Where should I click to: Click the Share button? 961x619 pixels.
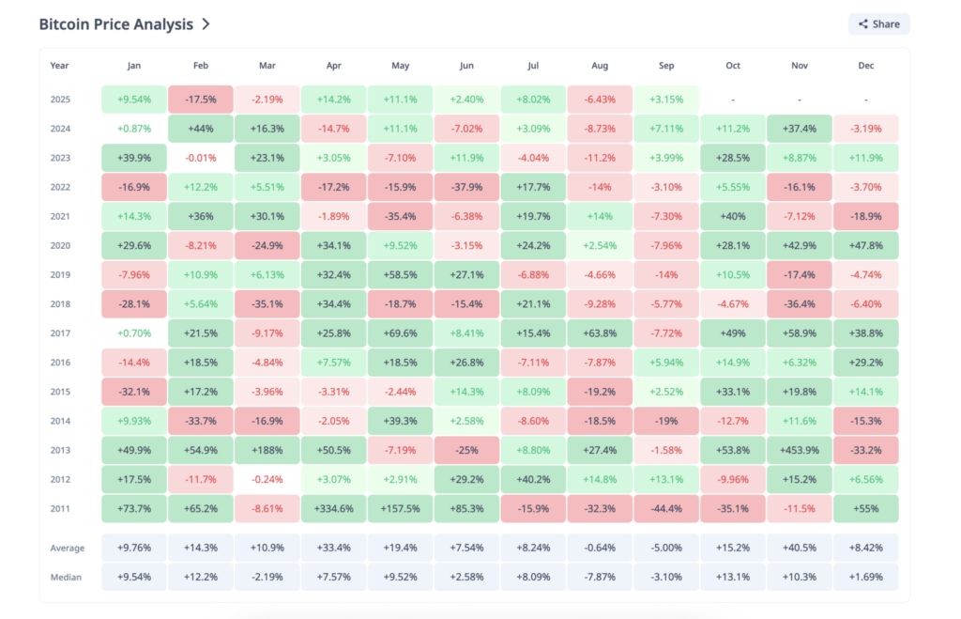coord(878,24)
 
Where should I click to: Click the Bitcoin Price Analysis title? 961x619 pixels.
coord(115,24)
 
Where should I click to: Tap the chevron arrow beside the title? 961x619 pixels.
coord(206,24)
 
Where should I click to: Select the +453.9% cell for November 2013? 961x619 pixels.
coord(800,450)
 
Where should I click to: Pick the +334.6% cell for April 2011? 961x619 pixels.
coord(334,508)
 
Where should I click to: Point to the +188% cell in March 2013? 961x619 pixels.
coord(267,450)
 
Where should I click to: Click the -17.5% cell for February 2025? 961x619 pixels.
coord(201,100)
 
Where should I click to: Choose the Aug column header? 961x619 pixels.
coord(600,66)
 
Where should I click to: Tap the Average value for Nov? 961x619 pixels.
coord(800,549)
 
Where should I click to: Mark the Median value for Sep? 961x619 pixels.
coord(666,577)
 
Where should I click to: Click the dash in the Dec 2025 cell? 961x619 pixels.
coord(866,100)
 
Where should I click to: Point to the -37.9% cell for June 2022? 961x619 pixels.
coord(466,187)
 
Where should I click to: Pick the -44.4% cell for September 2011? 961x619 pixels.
coord(666,508)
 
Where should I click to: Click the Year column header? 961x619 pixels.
coord(59,66)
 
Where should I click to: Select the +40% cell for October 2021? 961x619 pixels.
coord(733,216)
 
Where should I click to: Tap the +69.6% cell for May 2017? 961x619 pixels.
coord(400,333)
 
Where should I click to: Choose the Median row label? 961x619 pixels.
coord(66,577)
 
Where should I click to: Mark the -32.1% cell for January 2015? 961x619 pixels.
coord(134,391)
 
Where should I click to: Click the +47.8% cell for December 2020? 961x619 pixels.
coord(866,245)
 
